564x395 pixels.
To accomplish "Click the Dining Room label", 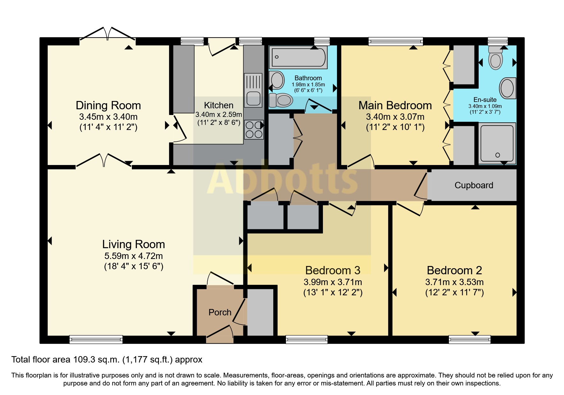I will (108, 105).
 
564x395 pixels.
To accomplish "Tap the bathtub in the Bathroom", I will (298, 57).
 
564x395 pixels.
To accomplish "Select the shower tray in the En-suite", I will (497, 143).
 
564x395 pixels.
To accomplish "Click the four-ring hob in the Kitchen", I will (254, 130).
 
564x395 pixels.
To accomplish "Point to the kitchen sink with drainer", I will (253, 90).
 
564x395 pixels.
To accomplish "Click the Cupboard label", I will (474, 185).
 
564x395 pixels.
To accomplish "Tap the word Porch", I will (220, 312).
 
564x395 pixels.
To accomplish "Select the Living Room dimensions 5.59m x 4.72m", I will (133, 256).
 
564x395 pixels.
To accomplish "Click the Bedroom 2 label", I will (454, 270).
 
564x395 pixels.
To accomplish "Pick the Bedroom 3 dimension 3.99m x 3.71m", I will (333, 282).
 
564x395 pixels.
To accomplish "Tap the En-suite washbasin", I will (507, 88).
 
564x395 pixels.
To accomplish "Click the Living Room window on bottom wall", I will (96, 340).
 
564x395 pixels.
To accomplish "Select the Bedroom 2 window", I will (469, 340).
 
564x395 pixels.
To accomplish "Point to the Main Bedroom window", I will (396, 41).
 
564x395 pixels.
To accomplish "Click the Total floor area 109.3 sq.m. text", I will (107, 360).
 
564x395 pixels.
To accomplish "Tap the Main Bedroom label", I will (395, 105).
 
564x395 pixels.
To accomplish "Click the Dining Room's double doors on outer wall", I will (108, 35).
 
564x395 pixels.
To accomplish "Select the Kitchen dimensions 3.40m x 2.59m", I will (219, 114).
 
